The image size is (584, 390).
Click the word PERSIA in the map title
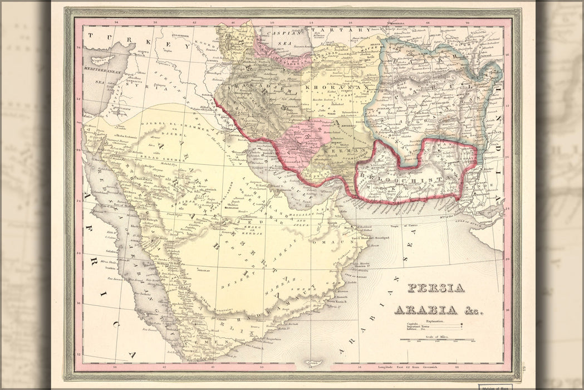[x=436, y=288]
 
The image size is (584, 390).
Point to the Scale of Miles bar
[x=437, y=339]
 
